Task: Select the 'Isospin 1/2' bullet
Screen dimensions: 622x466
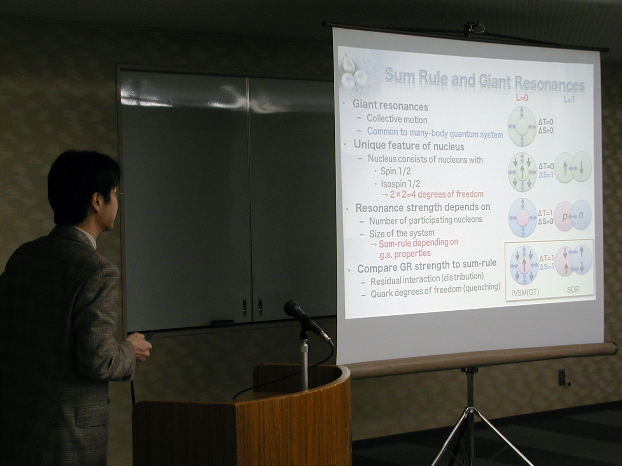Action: click(400, 184)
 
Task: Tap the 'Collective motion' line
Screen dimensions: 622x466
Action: click(397, 119)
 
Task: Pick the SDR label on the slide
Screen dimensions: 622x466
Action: click(573, 290)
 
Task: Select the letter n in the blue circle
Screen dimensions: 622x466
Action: click(581, 215)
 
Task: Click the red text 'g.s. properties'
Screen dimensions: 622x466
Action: click(405, 254)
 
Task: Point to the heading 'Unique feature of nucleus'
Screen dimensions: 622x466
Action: click(409, 146)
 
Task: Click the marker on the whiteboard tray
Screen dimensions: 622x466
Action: click(222, 322)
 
